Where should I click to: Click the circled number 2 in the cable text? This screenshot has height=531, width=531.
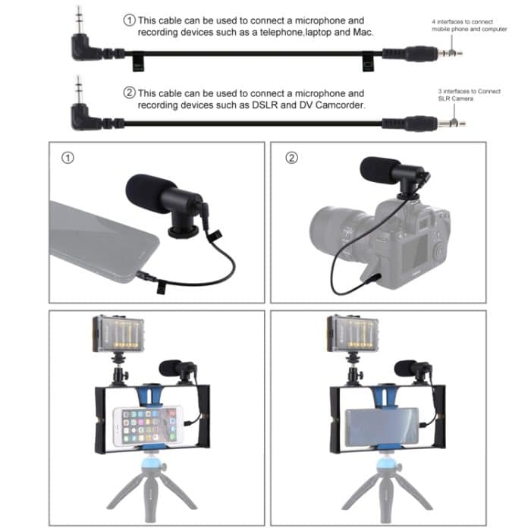coord(130,93)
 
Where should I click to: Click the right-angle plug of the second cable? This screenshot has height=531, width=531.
coord(80,115)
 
